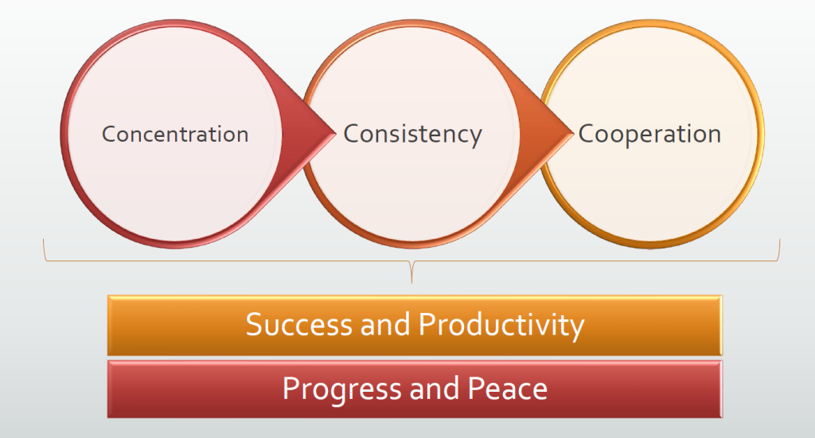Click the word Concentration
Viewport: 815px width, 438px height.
[175, 135]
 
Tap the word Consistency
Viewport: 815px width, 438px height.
[413, 135]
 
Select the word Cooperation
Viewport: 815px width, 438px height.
[649, 135]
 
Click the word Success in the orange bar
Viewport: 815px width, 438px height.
[299, 325]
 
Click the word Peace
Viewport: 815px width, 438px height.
[507, 389]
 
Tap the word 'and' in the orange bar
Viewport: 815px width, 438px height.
[385, 324]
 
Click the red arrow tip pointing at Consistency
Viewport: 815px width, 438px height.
[335, 133]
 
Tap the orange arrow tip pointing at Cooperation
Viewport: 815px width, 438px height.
[572, 133]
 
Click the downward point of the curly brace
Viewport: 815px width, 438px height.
[411, 283]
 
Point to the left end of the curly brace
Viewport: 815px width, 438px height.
[44, 240]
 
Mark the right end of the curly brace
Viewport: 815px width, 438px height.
[780, 240]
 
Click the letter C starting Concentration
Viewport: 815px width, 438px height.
[108, 135]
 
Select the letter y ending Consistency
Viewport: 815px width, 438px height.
[475, 139]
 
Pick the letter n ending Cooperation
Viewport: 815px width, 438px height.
[715, 137]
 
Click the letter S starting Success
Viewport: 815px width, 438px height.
[254, 325]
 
